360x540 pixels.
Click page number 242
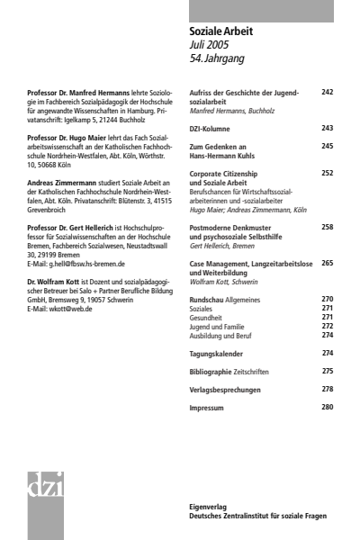[x=327, y=92]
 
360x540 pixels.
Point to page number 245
[x=327, y=145]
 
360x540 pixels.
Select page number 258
[x=327, y=228]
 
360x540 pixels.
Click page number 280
[x=327, y=408]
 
